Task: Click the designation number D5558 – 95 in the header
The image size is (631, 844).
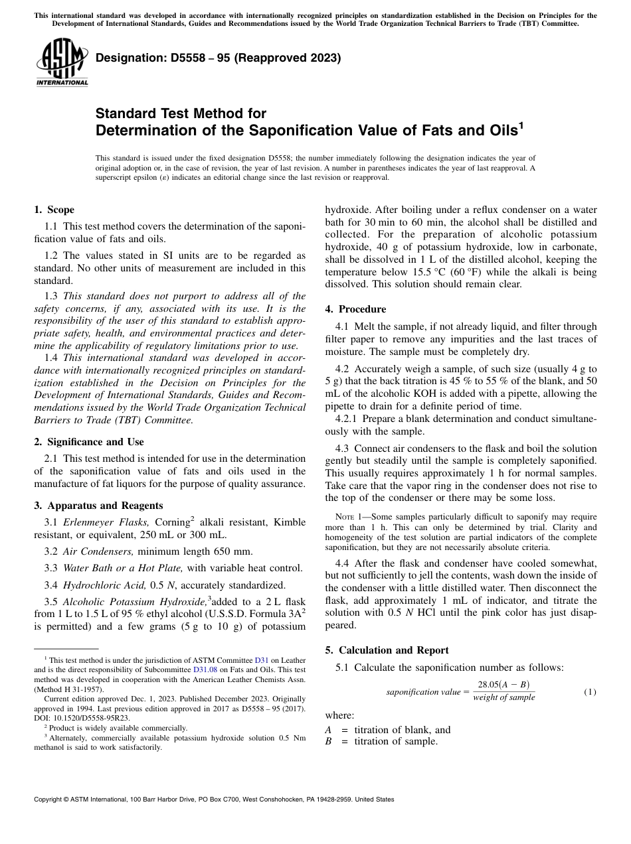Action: (218, 58)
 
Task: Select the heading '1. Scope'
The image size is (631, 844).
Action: (54, 210)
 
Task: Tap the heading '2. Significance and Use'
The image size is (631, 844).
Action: (88, 442)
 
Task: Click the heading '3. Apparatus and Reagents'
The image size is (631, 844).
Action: (98, 505)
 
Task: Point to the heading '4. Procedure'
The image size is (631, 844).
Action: (355, 309)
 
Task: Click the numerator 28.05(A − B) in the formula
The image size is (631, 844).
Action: (503, 685)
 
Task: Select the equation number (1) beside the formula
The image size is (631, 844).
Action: (590, 692)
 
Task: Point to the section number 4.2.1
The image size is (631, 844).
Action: (349, 419)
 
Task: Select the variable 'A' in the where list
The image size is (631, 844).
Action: (328, 730)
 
